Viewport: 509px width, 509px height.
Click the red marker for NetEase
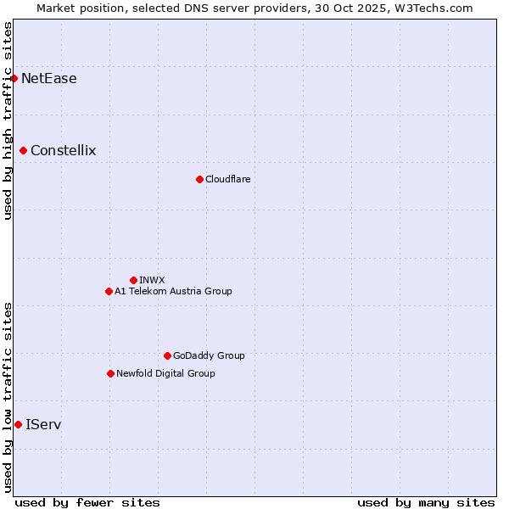pyautogui.click(x=14, y=79)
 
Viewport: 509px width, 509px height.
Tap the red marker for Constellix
pyautogui.click(x=24, y=151)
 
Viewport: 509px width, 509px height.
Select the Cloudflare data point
pyautogui.click(x=199, y=179)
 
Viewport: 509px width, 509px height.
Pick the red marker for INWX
pyautogui.click(x=133, y=280)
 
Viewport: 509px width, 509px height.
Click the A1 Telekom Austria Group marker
pyautogui.click(x=109, y=291)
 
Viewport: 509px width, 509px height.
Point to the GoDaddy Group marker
pyautogui.click(x=167, y=355)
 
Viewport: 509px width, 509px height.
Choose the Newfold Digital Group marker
pyautogui.click(x=110, y=373)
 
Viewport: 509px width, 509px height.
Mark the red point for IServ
pyautogui.click(x=19, y=424)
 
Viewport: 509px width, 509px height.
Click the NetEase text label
pyautogui.click(x=49, y=79)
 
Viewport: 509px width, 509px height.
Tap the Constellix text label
pyautogui.click(x=64, y=151)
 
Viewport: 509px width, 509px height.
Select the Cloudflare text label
pyautogui.click(x=228, y=179)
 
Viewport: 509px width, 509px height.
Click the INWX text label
pyautogui.click(x=153, y=280)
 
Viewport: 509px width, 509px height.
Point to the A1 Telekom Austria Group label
pyautogui.click(x=173, y=291)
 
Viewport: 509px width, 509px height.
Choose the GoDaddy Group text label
pyautogui.click(x=209, y=355)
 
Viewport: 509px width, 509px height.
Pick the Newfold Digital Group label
pyautogui.click(x=165, y=373)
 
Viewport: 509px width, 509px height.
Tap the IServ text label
pyautogui.click(x=43, y=424)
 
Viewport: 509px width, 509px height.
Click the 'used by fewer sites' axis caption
pyautogui.click(x=87, y=502)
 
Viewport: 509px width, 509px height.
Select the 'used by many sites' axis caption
pyautogui.click(x=426, y=502)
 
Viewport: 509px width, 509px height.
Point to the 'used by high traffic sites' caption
pyautogui.click(x=8, y=120)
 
